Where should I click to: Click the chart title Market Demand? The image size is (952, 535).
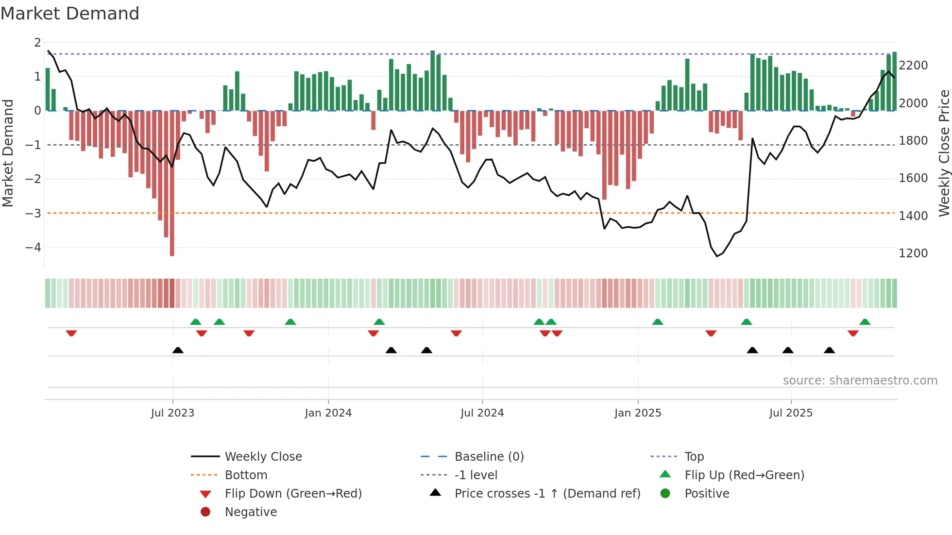click(70, 14)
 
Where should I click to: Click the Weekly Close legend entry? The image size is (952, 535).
click(263, 456)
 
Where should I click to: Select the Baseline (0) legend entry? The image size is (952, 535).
click(489, 456)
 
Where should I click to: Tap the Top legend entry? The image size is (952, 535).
click(694, 456)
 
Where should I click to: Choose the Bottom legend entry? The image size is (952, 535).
click(246, 475)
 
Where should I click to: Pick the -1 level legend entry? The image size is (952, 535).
click(476, 475)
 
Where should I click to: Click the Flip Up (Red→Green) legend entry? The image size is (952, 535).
click(744, 475)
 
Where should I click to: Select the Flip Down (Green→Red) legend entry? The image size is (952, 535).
click(293, 493)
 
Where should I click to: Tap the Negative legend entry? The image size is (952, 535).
click(251, 512)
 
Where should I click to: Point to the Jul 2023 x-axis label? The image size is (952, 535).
click(172, 413)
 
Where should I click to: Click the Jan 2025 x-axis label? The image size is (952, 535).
click(637, 413)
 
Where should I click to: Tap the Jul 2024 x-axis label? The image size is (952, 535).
click(482, 413)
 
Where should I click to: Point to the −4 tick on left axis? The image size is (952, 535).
click(33, 247)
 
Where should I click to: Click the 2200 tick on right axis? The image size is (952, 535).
click(913, 65)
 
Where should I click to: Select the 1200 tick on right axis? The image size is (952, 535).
click(913, 253)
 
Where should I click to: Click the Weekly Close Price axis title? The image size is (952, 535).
click(944, 153)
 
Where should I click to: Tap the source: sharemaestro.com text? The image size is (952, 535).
click(860, 380)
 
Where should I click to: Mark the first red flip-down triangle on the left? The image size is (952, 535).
click(71, 333)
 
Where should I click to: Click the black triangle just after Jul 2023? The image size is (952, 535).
click(178, 350)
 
